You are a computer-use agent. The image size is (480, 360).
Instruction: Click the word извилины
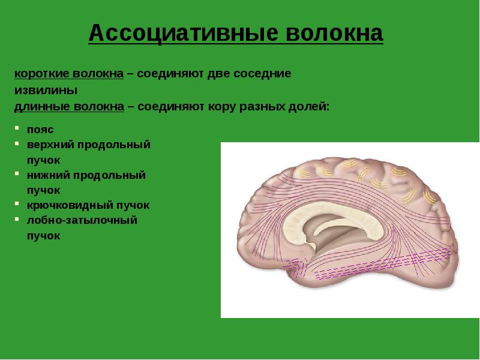click(x=46, y=91)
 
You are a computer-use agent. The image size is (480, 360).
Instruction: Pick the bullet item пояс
click(x=40, y=130)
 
